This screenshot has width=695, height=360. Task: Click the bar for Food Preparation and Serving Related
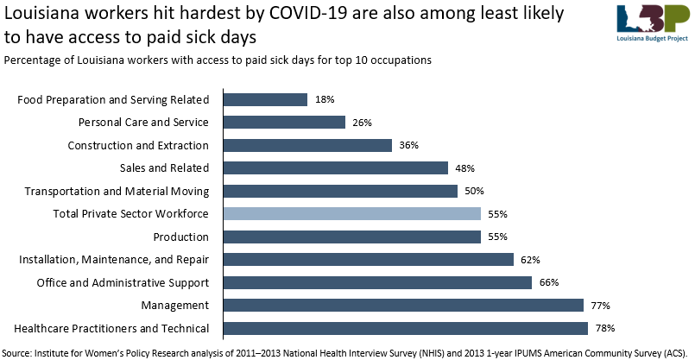[x=265, y=99]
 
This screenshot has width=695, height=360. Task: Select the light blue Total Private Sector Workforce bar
[x=352, y=214]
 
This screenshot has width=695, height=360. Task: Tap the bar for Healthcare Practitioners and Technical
[x=406, y=328]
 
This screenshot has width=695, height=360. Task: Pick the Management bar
[x=404, y=305]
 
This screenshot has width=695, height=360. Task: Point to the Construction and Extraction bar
[x=307, y=145]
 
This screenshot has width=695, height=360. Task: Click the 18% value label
[x=325, y=100]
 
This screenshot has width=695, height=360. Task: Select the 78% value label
[x=605, y=329]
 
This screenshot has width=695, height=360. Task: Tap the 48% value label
[x=465, y=168]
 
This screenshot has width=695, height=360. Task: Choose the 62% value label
[x=531, y=260]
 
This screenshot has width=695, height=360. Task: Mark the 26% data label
[x=363, y=123]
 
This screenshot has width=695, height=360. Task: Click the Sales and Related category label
[x=164, y=168]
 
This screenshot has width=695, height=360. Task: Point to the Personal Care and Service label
[x=143, y=123]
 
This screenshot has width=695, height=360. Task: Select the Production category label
[x=181, y=237]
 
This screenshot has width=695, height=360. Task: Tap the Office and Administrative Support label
[x=123, y=282]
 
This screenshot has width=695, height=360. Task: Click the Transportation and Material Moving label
[x=117, y=191]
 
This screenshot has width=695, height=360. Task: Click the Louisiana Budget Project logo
[x=652, y=23]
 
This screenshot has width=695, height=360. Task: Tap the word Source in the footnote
[x=20, y=351]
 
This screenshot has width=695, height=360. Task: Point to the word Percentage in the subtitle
[x=35, y=60]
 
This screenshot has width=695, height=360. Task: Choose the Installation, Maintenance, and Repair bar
[x=369, y=259]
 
